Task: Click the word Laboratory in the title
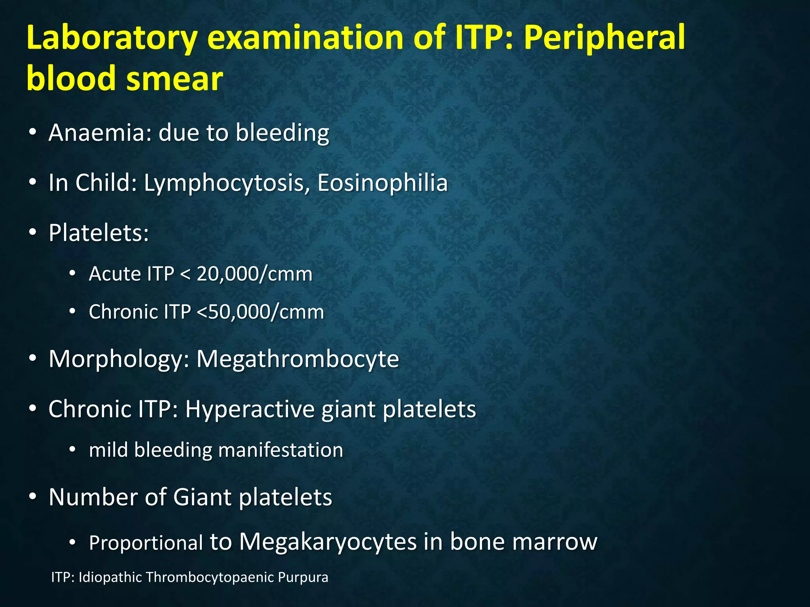pyautogui.click(x=112, y=39)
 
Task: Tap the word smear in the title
pyautogui.click(x=174, y=78)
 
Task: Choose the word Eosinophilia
pyautogui.click(x=382, y=183)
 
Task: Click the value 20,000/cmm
pyautogui.click(x=254, y=274)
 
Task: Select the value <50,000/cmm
pyautogui.click(x=260, y=312)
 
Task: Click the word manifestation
pyautogui.click(x=280, y=450)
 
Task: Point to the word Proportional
pyautogui.click(x=146, y=543)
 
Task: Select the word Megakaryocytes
pyautogui.click(x=328, y=541)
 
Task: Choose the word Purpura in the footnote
pyautogui.click(x=303, y=577)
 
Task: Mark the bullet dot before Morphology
pyautogui.click(x=33, y=358)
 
